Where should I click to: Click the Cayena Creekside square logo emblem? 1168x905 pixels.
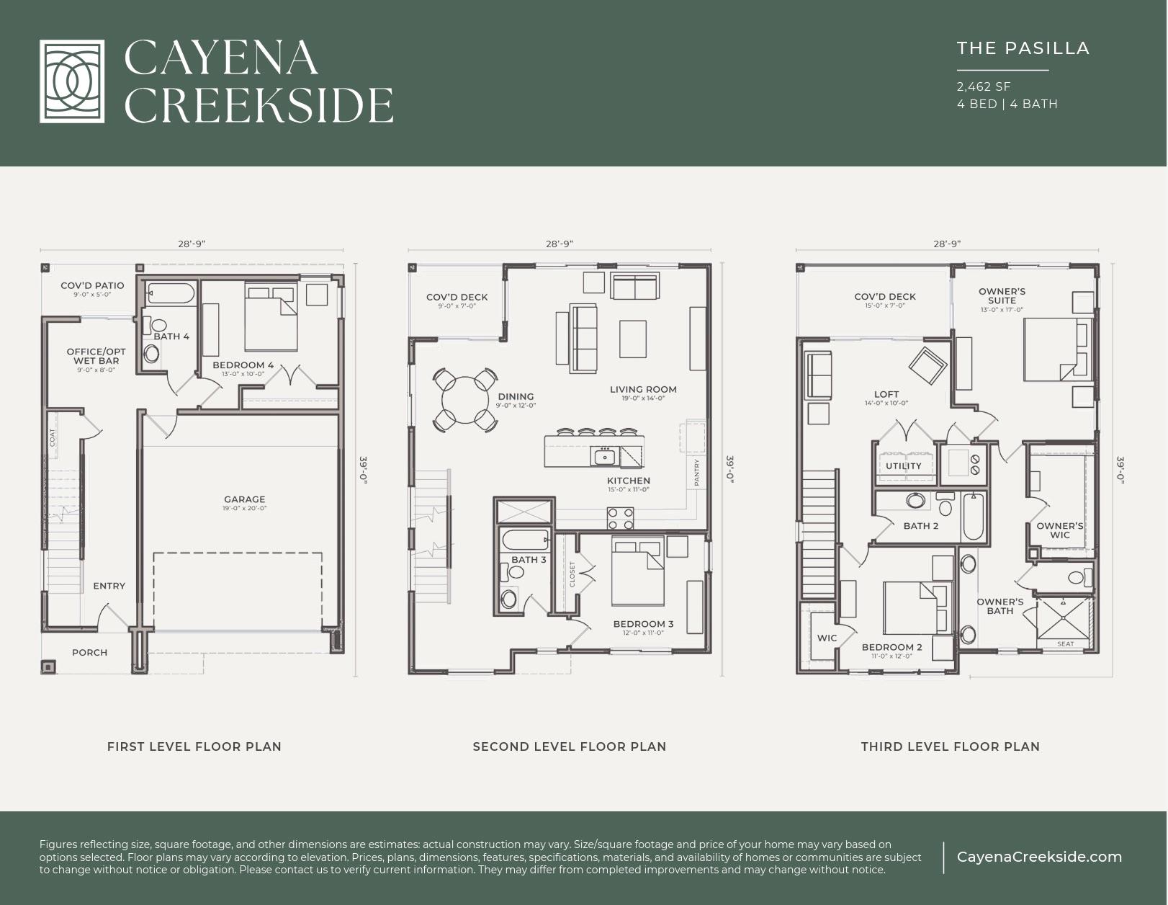tap(71, 81)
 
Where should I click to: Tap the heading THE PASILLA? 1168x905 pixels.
tap(1023, 48)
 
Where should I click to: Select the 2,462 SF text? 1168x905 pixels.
tap(984, 86)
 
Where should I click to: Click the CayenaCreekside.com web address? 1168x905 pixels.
tap(1038, 857)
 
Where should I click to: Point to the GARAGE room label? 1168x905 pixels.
tap(244, 499)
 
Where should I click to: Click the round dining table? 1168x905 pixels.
tap(466, 400)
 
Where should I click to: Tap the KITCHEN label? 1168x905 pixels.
tap(628, 481)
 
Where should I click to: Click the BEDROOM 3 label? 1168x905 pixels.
tap(643, 624)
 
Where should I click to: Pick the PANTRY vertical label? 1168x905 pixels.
tap(696, 472)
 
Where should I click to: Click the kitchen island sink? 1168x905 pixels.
tap(605, 456)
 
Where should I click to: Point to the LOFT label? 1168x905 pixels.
tap(886, 394)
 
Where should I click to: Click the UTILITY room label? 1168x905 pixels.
tap(903, 466)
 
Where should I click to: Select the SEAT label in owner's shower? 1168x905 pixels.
tap(1065, 644)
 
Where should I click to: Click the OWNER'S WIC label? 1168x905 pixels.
tap(1059, 530)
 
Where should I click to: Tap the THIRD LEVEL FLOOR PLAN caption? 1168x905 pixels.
tap(950, 746)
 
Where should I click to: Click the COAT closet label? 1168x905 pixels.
tap(53, 437)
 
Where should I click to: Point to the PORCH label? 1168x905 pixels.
tap(89, 653)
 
